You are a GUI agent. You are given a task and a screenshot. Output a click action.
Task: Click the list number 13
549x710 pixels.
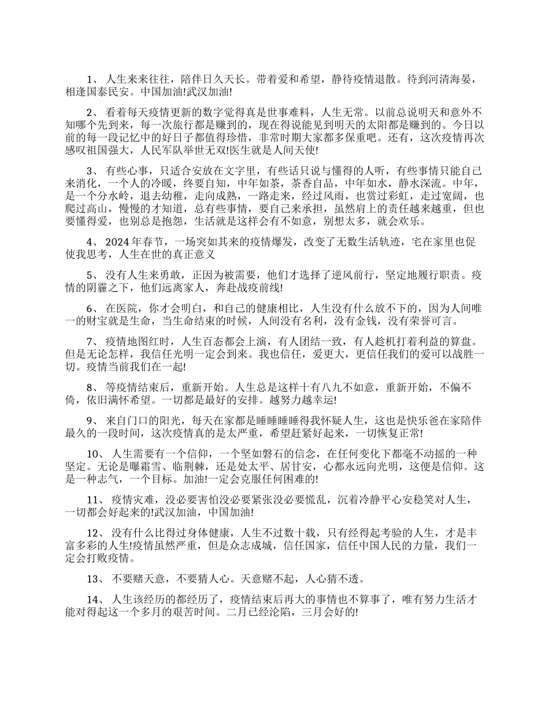94,578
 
